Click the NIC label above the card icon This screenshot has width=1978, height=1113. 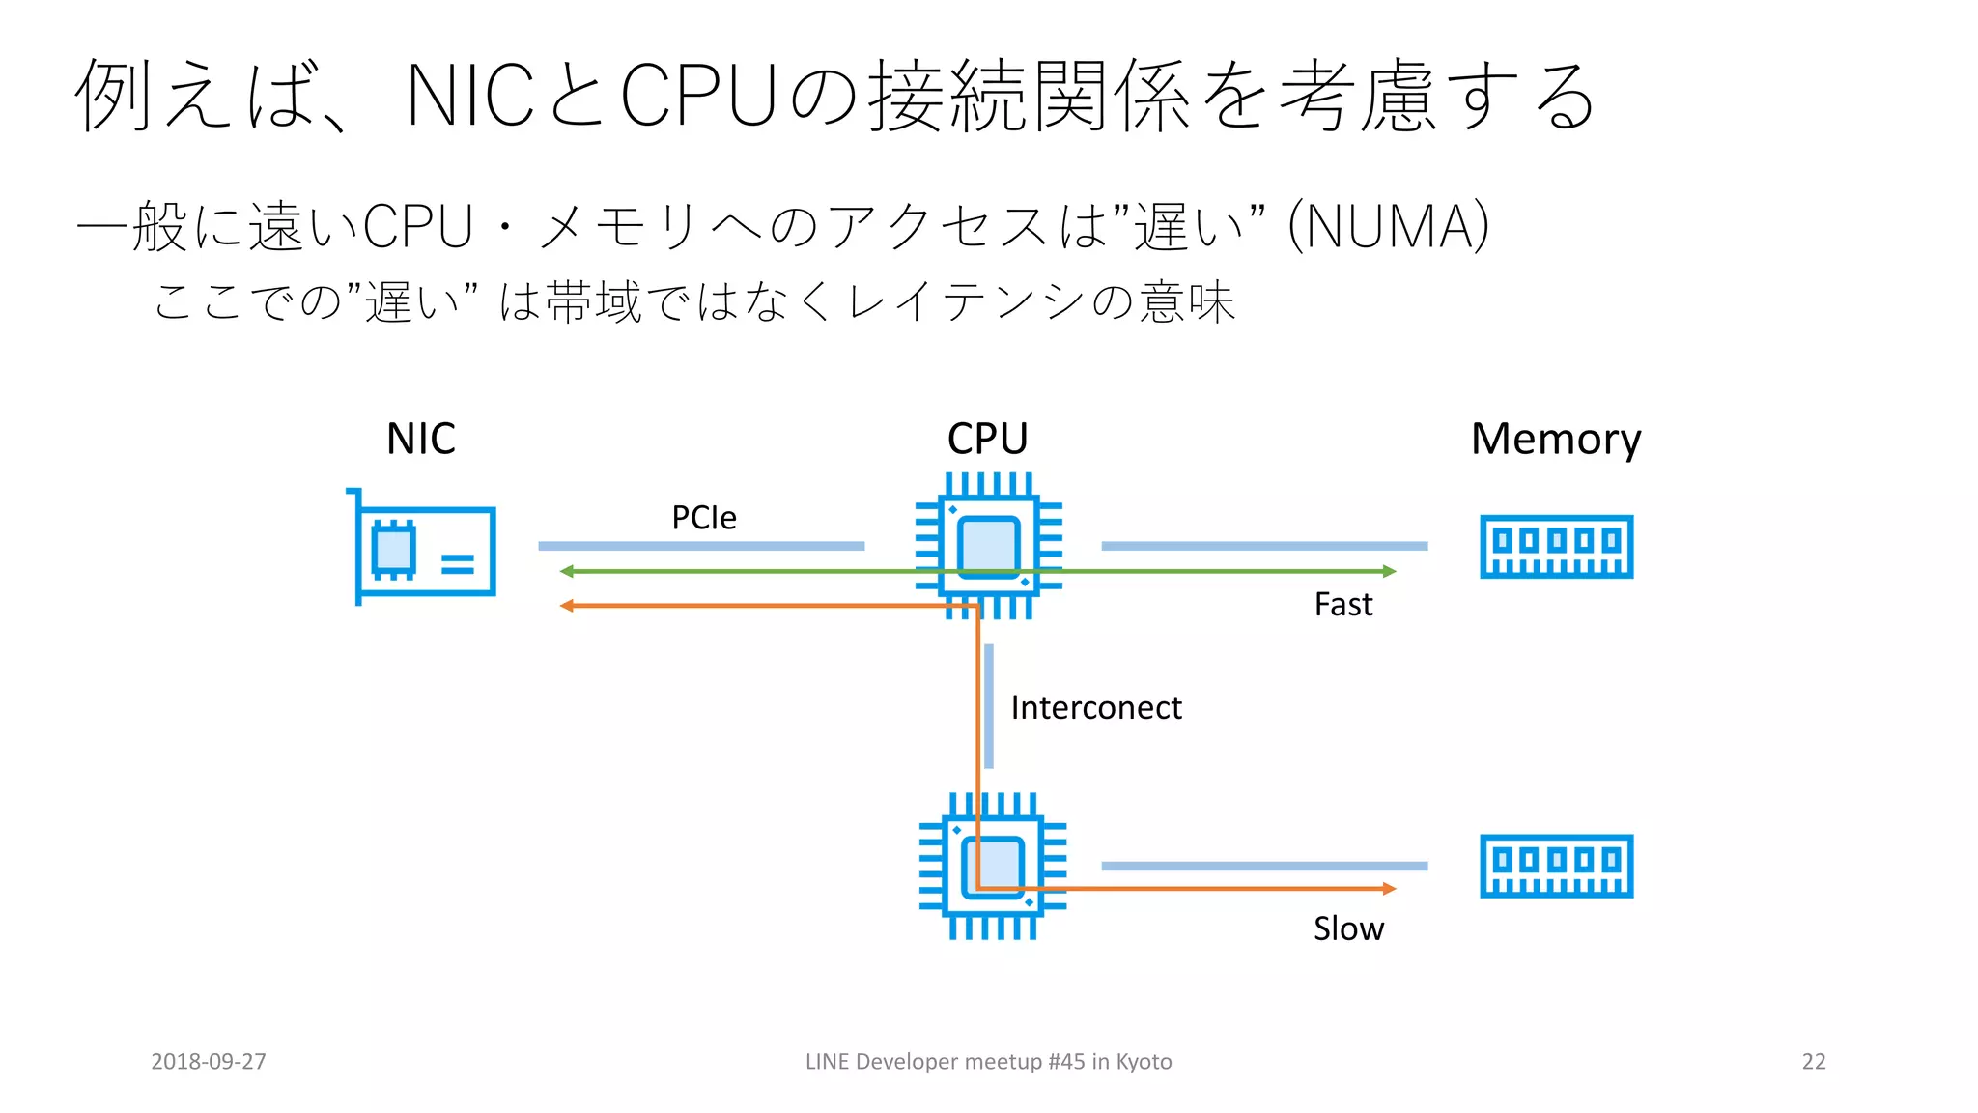coord(420,439)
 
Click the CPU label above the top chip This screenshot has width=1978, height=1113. coord(987,439)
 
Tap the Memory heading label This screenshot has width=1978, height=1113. coord(1555,440)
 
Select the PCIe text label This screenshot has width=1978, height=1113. coord(704,518)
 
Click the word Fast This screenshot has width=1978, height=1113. coord(1342,605)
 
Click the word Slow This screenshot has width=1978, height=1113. coord(1348,928)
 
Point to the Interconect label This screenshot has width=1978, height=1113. coord(1096,708)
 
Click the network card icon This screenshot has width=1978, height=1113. coord(423,549)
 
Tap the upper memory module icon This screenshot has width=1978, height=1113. coord(1556,547)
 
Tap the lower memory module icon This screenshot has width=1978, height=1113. coord(1556,866)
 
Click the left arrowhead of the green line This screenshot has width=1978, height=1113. coord(566,572)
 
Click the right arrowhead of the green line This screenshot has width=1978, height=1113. coord(1390,572)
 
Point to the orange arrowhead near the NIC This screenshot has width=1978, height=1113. coord(567,606)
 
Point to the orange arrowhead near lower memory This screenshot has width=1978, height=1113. coord(1390,888)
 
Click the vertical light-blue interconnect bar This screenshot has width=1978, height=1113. coord(989,706)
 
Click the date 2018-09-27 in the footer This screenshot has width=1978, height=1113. coord(209,1061)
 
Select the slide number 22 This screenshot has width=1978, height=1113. coord(1813,1061)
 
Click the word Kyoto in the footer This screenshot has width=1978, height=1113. coord(1144,1061)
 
